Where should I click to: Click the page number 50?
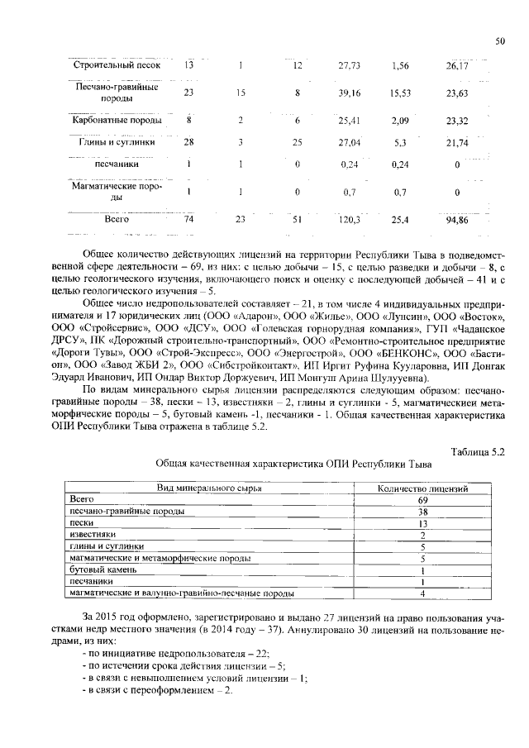pos(499,40)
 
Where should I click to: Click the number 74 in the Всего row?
pos(188,220)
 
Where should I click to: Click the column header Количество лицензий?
pos(422,488)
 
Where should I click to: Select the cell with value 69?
pos(422,500)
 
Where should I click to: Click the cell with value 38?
pos(422,512)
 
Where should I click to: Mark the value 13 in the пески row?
pos(422,523)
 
